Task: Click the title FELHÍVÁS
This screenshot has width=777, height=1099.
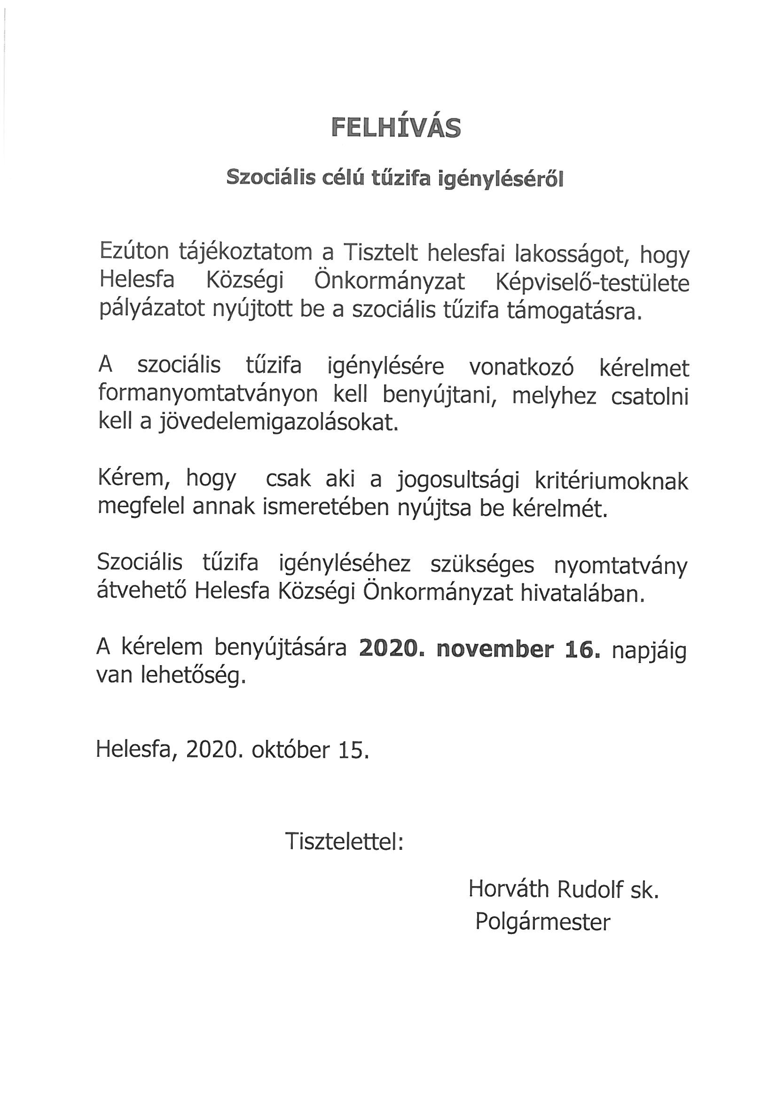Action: pyautogui.click(x=396, y=128)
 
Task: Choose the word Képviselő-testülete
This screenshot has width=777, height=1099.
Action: pyautogui.click(x=592, y=283)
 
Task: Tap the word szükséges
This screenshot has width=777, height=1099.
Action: pyautogui.click(x=482, y=565)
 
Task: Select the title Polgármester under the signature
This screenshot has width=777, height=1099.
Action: pyautogui.click(x=542, y=922)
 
